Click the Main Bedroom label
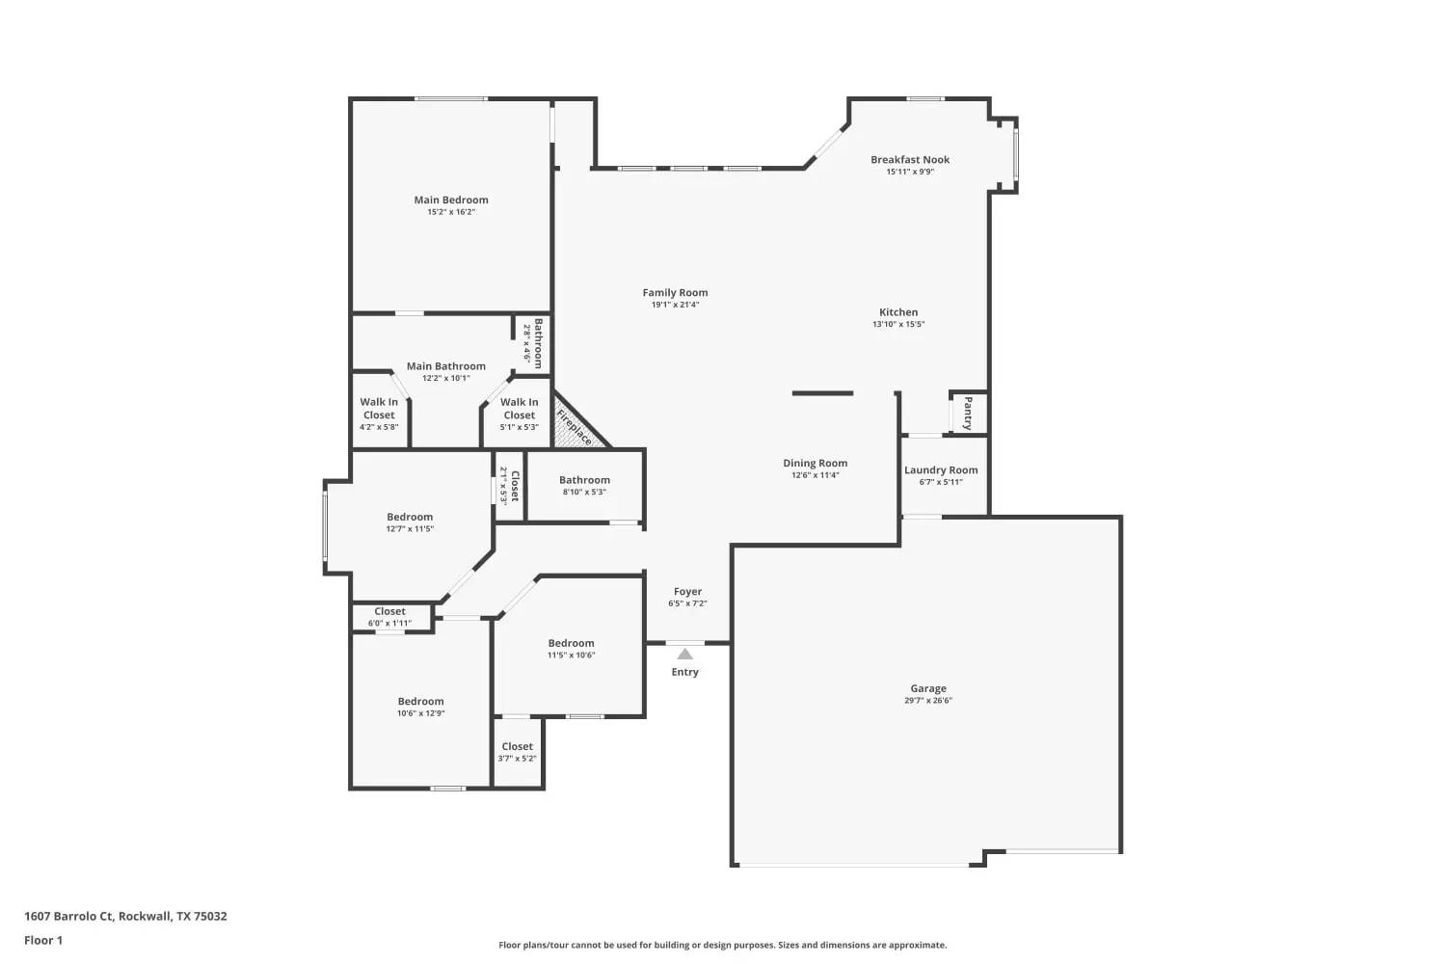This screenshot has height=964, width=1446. [x=451, y=201]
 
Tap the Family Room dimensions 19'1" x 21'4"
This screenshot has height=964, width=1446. [x=675, y=305]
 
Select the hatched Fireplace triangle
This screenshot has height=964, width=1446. [x=576, y=423]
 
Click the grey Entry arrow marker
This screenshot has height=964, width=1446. [x=684, y=654]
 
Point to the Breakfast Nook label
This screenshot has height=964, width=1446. [x=910, y=159]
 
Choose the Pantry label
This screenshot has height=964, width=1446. [x=968, y=414]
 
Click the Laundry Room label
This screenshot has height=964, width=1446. [x=941, y=470]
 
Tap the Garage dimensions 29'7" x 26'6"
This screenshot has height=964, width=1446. [x=928, y=701]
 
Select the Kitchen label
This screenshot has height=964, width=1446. [x=898, y=312]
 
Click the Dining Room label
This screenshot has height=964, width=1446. [x=816, y=463]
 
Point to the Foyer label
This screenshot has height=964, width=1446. [x=687, y=592]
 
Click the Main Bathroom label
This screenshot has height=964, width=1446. [x=446, y=366]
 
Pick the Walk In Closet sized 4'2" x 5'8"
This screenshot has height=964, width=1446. [x=379, y=409]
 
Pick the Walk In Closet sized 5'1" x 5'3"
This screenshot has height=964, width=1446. [x=519, y=409]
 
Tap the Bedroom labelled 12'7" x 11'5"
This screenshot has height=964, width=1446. [x=410, y=517]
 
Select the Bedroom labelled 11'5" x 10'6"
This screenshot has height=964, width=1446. [x=572, y=643]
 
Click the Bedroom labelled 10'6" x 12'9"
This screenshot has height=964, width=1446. [x=421, y=701]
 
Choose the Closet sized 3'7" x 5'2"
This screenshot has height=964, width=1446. [x=517, y=746]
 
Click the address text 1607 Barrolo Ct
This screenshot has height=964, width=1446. [x=69, y=916]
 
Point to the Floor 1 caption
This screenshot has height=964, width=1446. [x=43, y=940]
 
